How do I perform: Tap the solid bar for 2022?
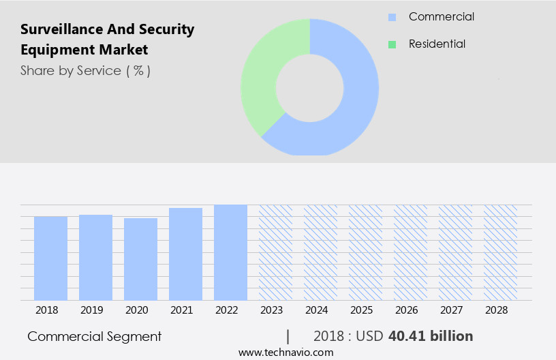coord(230,252)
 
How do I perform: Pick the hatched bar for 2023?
coord(275,252)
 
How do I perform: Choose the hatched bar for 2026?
coord(410,252)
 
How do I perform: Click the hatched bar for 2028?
coord(500,252)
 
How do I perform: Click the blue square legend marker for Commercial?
coord(392,17)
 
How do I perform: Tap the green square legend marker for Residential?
coord(392,44)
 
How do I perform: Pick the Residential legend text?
coord(437,44)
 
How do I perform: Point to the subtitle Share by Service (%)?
coord(85,70)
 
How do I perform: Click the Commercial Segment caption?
coord(95,336)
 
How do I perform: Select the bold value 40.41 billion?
coord(430,336)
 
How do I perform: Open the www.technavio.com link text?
coord(285,352)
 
